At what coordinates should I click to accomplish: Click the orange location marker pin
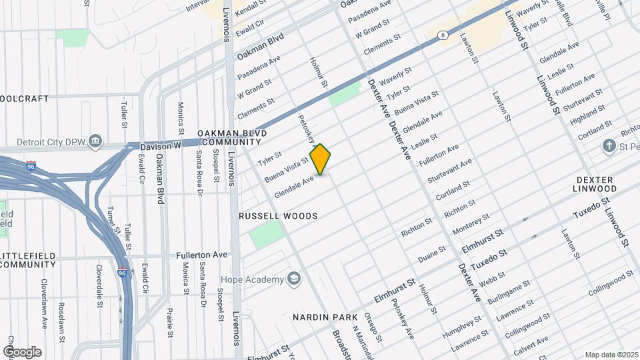(321, 159)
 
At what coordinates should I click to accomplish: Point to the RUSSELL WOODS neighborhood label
(278, 216)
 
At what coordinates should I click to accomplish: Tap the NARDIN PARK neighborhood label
(325, 317)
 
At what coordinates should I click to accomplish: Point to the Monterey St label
(471, 223)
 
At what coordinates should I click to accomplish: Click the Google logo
(21, 351)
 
